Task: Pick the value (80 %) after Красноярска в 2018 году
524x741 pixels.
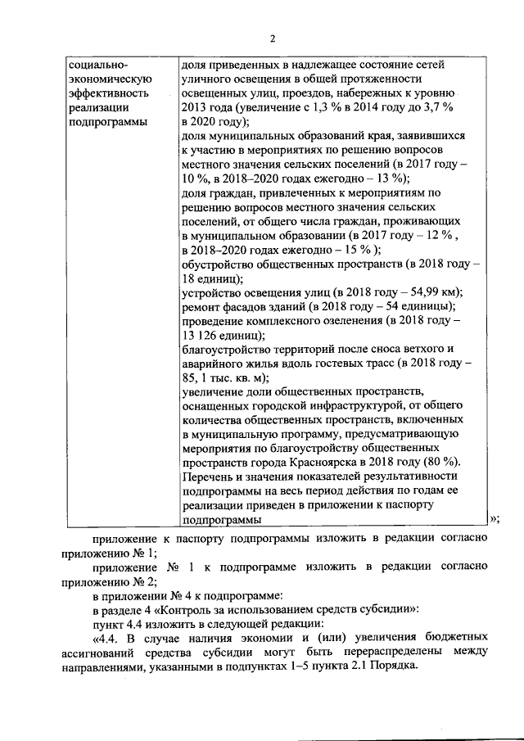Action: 443,460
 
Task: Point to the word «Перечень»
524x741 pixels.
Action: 209,476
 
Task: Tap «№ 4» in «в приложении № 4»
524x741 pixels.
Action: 170,595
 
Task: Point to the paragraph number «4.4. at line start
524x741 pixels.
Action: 111,639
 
